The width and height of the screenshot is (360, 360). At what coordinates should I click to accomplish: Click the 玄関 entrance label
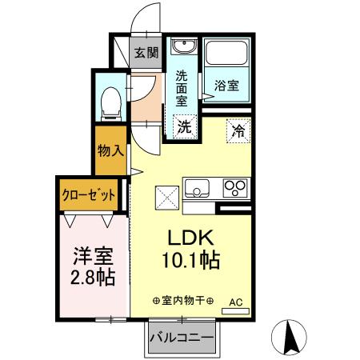(x=146, y=54)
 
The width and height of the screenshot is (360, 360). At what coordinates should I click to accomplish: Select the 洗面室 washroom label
(x=182, y=88)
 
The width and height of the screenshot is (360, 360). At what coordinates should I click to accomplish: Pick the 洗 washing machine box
(x=184, y=126)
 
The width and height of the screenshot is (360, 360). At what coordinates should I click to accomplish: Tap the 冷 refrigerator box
(x=238, y=127)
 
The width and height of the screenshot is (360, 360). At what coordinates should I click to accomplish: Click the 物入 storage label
(x=110, y=150)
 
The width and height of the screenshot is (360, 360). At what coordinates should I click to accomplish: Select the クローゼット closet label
(x=90, y=194)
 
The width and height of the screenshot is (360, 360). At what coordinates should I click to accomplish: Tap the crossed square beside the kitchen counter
(x=167, y=196)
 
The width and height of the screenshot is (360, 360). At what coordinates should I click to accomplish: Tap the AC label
(x=235, y=302)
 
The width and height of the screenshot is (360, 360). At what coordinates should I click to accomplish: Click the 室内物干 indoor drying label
(x=182, y=302)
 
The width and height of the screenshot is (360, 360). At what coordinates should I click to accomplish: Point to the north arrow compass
(x=292, y=336)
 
